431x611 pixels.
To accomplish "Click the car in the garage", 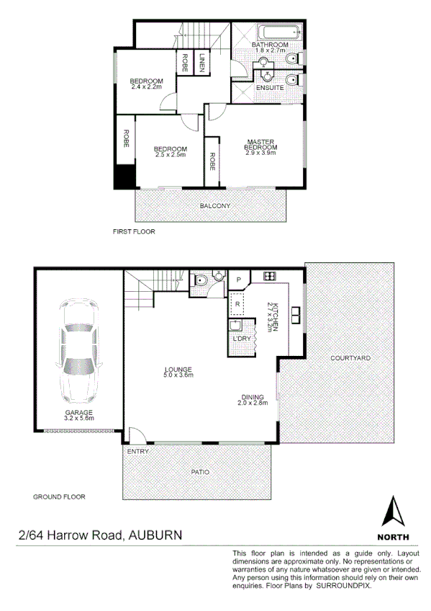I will [78, 352].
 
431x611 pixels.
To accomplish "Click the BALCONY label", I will [215, 206].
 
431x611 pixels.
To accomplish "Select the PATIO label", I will [200, 472].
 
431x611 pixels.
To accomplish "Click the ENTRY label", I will [137, 452].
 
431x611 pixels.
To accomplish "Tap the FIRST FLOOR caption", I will [134, 233].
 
